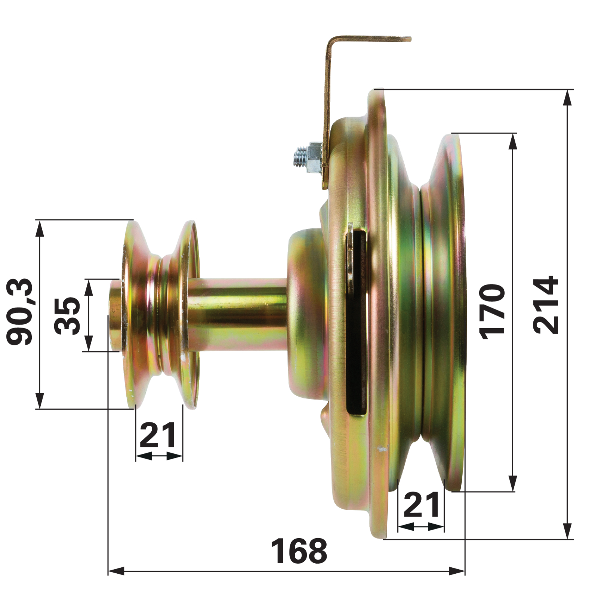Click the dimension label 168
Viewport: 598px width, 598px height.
point(299,551)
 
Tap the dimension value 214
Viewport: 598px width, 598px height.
point(546,305)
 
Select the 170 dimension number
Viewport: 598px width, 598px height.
point(492,312)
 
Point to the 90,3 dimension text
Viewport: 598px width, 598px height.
point(20,312)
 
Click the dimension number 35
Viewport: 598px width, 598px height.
point(67,316)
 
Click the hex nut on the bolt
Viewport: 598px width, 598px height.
point(313,157)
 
